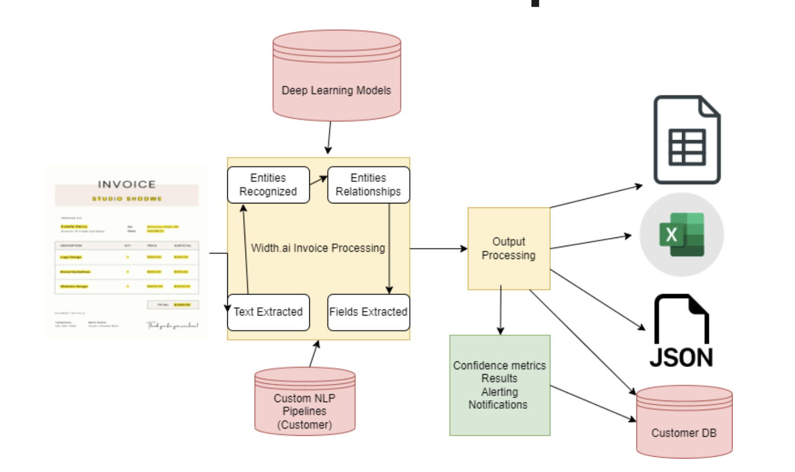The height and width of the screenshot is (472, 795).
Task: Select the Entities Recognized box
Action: tap(268, 185)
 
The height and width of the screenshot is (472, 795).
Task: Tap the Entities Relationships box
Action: tap(368, 185)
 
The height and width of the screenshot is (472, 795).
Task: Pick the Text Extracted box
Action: tap(268, 312)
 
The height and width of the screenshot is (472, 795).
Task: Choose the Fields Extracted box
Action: tap(368, 312)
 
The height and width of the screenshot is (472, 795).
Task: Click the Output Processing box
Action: tap(509, 249)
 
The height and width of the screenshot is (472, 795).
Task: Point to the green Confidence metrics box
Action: tap(499, 385)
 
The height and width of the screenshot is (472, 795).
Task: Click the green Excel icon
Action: tap(681, 234)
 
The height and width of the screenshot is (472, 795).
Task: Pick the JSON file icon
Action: tap(681, 331)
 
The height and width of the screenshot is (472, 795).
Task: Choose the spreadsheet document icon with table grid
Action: tap(687, 140)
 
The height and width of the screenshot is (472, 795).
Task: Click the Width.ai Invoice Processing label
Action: tap(318, 248)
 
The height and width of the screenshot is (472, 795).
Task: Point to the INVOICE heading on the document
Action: tap(126, 185)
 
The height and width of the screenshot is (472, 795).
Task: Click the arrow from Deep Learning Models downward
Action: tap(329, 138)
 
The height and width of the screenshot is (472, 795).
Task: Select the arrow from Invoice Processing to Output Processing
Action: tap(438, 249)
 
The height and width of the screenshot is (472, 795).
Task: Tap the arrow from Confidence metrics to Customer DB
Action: tap(594, 404)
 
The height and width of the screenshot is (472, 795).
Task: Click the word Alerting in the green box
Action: tap(499, 392)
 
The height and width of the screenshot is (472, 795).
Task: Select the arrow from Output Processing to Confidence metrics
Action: tap(500, 311)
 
